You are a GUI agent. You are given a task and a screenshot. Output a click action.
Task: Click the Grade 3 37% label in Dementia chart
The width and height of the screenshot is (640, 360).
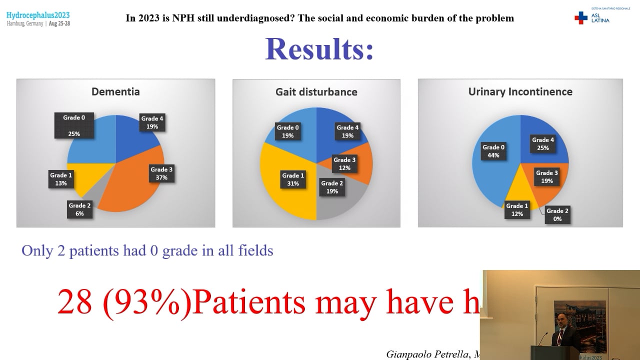[x=161, y=173]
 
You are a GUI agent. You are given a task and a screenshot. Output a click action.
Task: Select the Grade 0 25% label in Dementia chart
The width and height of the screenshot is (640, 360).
[x=74, y=125]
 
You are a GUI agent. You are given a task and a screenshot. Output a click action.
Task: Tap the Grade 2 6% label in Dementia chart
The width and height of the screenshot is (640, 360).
[x=79, y=209]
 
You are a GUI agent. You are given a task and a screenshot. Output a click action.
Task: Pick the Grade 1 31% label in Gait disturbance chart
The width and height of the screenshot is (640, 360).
[x=293, y=179]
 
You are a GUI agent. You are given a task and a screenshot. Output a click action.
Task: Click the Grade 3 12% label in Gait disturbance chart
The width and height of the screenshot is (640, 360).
[x=344, y=164]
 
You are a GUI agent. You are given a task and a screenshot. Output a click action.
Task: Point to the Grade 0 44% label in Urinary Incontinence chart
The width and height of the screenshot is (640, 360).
[x=493, y=151]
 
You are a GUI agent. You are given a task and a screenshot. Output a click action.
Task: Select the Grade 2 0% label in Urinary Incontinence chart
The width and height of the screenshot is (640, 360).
[x=557, y=214]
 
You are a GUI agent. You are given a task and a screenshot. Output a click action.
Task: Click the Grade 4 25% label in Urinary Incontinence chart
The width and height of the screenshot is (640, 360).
[x=543, y=144]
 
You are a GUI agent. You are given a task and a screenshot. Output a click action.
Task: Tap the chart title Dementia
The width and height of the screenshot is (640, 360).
[x=115, y=91]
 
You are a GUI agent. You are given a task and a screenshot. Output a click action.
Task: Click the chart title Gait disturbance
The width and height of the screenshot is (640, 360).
[x=316, y=92]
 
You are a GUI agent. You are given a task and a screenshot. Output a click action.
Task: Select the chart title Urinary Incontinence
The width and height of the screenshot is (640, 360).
[x=520, y=91]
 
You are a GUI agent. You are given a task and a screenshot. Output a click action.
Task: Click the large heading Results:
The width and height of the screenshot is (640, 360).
[x=319, y=49]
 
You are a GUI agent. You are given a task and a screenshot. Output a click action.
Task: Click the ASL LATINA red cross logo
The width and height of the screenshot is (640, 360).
[x=581, y=18]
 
